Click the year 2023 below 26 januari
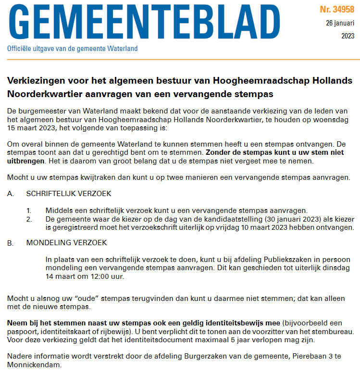(x=348, y=36)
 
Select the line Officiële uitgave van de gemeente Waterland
(x=72, y=49)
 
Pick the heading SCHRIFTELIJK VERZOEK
(x=69, y=194)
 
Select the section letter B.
(x=11, y=243)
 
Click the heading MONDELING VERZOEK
(x=66, y=243)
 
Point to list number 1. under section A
(x=29, y=211)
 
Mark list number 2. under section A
(x=29, y=218)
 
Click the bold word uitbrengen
(x=25, y=161)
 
